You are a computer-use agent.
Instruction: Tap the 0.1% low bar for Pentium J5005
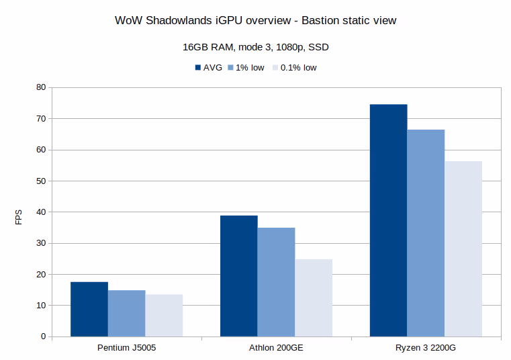(x=164, y=315)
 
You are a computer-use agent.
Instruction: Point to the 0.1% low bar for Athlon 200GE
(x=314, y=298)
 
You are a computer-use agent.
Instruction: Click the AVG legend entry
(x=207, y=67)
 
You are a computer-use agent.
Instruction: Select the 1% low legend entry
(x=246, y=67)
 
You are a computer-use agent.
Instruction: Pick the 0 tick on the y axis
(x=42, y=336)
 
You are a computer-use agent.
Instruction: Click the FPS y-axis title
(x=19, y=217)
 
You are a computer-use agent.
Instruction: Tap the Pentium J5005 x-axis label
(x=127, y=349)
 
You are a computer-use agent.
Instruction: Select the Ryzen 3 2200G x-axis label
(x=426, y=349)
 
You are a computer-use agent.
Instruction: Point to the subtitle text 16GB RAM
(x=205, y=48)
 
